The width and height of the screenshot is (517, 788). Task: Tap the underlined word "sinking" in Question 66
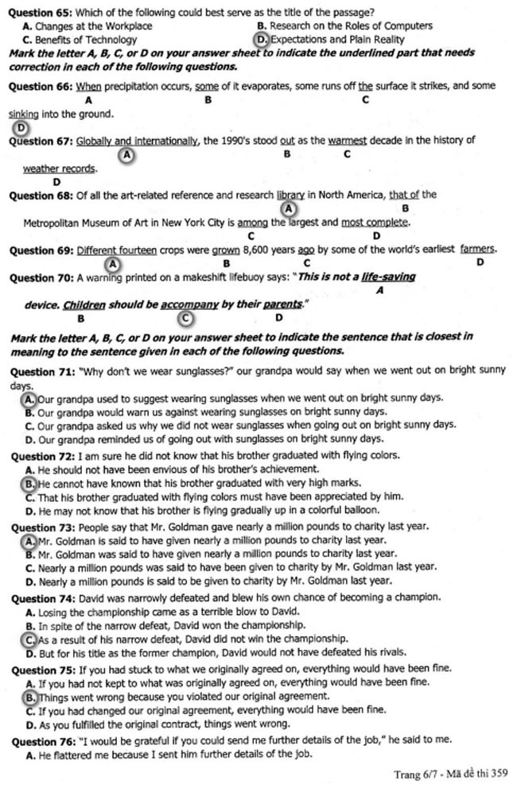[x=24, y=114]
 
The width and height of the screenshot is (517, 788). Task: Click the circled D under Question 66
[x=21, y=128]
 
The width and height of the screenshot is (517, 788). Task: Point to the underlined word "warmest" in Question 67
[x=347, y=141]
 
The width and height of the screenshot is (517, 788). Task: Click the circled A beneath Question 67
[x=126, y=156]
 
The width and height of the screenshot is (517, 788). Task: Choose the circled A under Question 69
[x=112, y=263]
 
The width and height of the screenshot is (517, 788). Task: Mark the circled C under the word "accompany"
[x=185, y=318]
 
